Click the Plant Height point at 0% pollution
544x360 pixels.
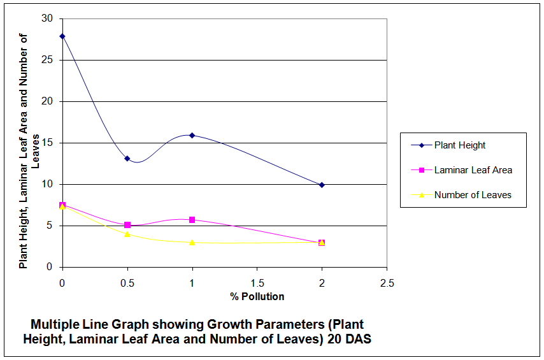62,36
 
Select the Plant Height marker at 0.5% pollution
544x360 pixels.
127,159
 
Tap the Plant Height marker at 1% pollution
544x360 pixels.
192,135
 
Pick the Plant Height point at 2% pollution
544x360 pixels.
322,185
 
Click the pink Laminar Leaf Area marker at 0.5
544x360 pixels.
127,225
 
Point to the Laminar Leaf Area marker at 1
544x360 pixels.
192,220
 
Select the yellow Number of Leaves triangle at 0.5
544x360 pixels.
127,234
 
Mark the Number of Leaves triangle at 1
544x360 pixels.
192,242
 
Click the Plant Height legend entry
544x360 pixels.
459,145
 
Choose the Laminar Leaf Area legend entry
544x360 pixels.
473,170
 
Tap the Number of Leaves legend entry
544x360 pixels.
472,195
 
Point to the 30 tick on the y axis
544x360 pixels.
47,18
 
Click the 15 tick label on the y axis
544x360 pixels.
47,143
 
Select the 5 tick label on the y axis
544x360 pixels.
50,226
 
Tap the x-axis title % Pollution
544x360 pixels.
257,296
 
